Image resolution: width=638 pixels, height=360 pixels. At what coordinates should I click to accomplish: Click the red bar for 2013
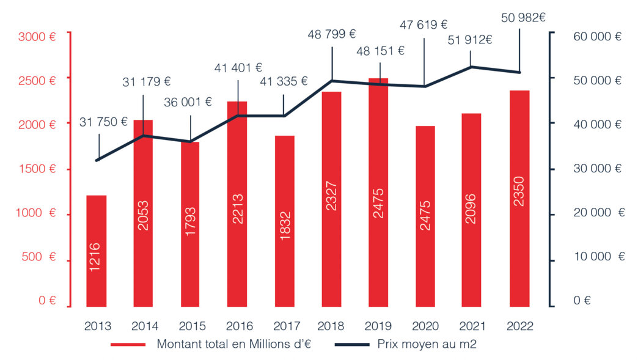pyautogui.click(x=96, y=251)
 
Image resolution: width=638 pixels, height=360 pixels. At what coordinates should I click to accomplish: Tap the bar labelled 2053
pyautogui.click(x=143, y=213)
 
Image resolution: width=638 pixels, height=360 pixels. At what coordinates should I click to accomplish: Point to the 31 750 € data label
pyautogui.click(x=103, y=122)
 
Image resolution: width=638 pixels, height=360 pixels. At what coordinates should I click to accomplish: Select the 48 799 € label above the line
pyautogui.click(x=332, y=35)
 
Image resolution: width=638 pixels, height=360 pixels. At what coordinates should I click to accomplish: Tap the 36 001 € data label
pyautogui.click(x=188, y=102)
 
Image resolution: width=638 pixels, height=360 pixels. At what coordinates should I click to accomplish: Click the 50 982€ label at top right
pyautogui.click(x=523, y=17)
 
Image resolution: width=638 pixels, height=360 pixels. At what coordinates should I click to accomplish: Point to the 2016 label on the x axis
pyautogui.click(x=237, y=326)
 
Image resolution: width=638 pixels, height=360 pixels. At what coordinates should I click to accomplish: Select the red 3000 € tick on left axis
pyautogui.click(x=37, y=37)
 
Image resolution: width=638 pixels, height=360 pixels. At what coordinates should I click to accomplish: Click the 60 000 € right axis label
pyautogui.click(x=597, y=37)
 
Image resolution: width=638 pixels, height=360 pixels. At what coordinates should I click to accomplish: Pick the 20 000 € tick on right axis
pyautogui.click(x=598, y=213)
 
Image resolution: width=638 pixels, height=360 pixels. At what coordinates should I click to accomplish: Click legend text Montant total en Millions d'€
pyautogui.click(x=234, y=344)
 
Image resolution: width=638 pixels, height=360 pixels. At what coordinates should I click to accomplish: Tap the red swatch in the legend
pyautogui.click(x=128, y=345)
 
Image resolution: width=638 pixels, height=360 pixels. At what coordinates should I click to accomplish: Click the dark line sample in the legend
pyautogui.click(x=352, y=345)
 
